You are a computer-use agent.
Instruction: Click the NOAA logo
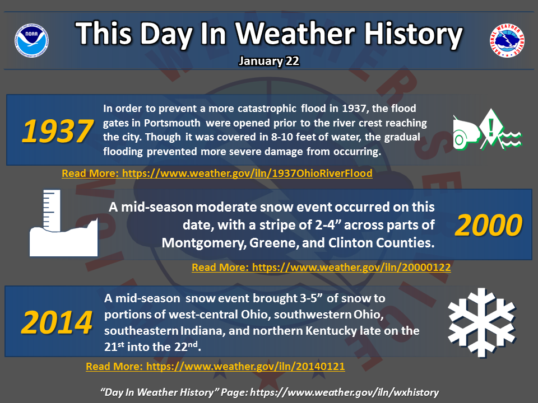tap(31, 40)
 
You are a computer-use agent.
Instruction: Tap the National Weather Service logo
tap(507, 40)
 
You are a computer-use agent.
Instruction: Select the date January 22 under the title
tap(269, 61)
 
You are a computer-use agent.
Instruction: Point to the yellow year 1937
tap(57, 131)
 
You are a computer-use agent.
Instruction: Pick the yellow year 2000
tap(488, 225)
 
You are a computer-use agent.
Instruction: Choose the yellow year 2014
tap(57, 322)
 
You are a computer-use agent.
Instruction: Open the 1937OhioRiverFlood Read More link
tap(217, 173)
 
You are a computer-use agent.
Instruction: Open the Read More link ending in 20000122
tap(321, 267)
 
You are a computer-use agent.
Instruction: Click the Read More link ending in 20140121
tap(215, 366)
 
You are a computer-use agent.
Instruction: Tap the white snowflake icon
tap(482, 322)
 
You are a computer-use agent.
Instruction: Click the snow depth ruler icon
tap(63, 223)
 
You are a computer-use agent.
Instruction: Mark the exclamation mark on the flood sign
tap(491, 127)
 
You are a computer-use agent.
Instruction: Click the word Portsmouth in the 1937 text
tap(172, 123)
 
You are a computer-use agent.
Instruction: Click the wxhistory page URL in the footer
tap(345, 392)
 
